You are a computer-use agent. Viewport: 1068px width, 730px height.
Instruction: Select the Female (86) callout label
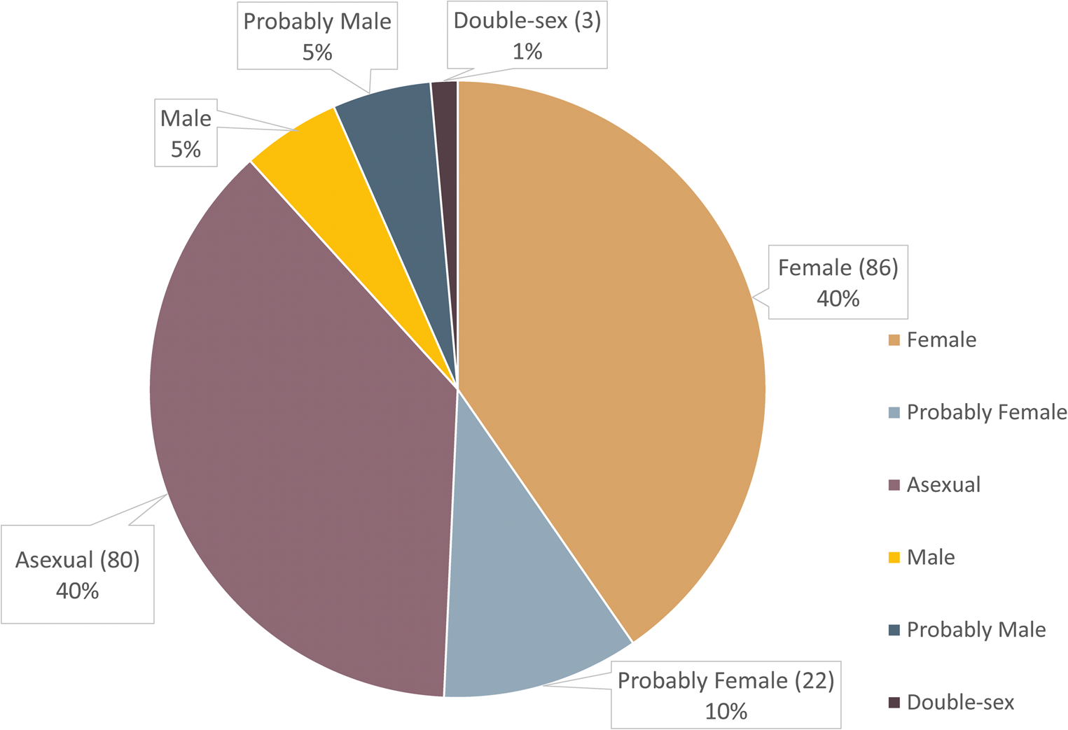838,282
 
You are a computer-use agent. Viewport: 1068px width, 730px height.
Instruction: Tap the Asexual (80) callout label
77,574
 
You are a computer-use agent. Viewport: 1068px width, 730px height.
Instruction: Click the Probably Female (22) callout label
726,695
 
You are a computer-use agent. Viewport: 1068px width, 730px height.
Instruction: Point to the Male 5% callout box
186,133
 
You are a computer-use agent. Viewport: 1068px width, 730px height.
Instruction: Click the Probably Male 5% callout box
317,36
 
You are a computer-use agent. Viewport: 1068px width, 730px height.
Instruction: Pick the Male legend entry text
931,558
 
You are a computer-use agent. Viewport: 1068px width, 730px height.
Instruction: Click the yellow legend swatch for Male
894,558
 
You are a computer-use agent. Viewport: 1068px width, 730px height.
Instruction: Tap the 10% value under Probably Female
726,711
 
